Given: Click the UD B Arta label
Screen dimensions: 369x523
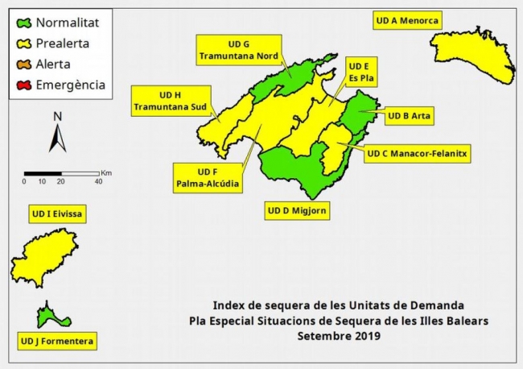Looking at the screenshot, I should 410,116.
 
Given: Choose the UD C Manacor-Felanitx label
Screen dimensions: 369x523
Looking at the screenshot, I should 417,152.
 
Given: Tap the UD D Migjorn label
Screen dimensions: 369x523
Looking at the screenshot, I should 297,211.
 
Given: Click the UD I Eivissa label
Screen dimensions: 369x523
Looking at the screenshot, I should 58,214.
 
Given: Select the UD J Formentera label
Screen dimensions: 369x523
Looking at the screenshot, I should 57,342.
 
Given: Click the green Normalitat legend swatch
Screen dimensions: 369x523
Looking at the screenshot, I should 23,24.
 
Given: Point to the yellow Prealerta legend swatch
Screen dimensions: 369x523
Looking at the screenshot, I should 23,44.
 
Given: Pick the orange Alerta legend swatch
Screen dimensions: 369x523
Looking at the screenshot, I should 23,64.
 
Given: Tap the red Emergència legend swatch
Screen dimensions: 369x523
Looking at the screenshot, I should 23,84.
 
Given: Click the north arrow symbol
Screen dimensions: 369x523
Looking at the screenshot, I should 57,133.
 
